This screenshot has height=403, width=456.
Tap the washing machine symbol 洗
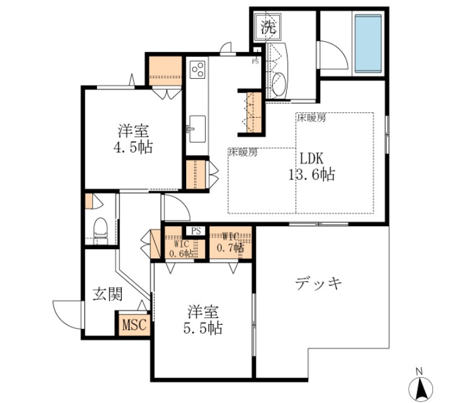click(x=267, y=26)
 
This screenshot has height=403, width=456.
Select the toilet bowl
click(x=101, y=230)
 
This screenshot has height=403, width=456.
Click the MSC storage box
click(x=134, y=325)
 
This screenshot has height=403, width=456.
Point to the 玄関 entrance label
click(x=108, y=295)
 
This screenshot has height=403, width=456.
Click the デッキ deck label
click(x=319, y=283)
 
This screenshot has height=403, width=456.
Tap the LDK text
click(x=310, y=159)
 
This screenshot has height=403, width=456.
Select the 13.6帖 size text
click(x=311, y=175)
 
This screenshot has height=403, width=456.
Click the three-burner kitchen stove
click(x=197, y=70)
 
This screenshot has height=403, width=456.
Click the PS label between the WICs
click(x=195, y=231)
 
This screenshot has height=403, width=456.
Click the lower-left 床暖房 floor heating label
click(x=243, y=153)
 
